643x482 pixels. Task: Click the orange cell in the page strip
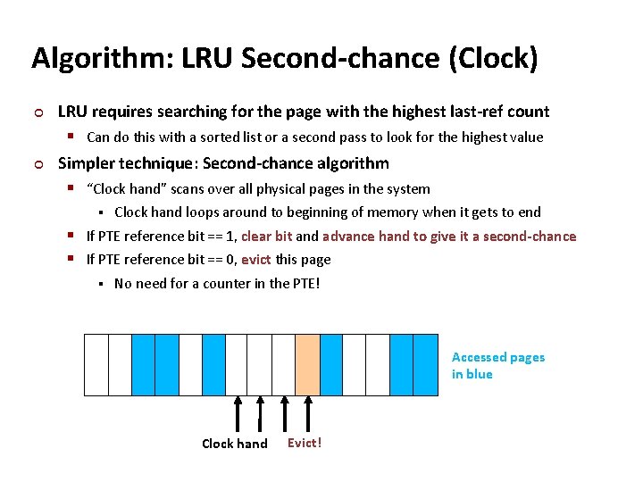307,364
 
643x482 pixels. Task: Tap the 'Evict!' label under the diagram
305,443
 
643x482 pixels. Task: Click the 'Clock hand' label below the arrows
234,444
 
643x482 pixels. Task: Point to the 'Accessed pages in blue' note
497,365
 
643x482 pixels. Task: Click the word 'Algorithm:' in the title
102,58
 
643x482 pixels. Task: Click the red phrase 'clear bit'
268,237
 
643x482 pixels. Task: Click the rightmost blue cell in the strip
425,364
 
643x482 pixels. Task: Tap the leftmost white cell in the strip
96,364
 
